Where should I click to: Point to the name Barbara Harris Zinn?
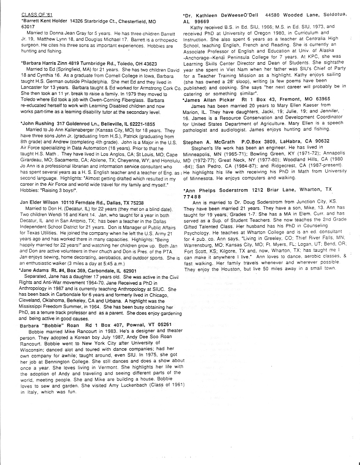41,63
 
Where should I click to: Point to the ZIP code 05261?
155,325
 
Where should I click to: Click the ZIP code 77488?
191,197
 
